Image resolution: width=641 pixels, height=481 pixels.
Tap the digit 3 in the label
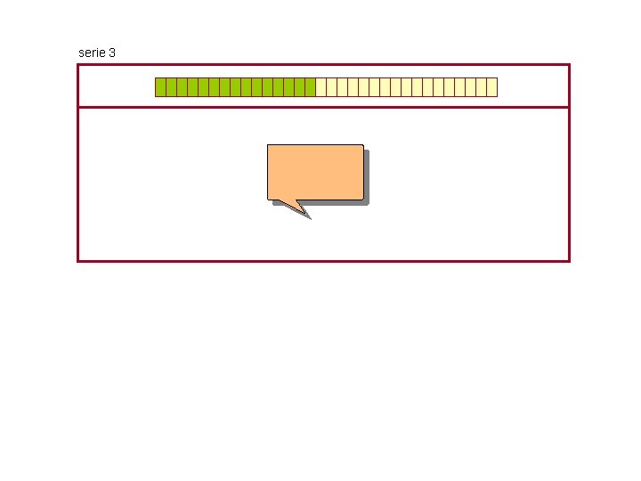111,53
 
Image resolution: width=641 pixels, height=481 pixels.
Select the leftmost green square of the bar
160,87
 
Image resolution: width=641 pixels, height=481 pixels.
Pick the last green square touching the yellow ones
311,87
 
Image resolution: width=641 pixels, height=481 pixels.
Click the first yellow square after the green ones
321,87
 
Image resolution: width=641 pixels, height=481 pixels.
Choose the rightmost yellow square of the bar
492,87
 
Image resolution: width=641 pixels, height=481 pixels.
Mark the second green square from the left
171,87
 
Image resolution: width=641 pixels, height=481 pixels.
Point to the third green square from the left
182,87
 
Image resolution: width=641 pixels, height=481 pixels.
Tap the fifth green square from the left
203,87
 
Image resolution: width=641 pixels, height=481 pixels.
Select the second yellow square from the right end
482,87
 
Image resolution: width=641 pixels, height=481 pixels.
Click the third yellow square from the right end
471,87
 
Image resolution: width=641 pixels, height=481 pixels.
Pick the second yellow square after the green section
332,87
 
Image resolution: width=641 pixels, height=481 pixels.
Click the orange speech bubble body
315,171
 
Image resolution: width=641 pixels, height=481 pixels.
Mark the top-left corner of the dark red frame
78,65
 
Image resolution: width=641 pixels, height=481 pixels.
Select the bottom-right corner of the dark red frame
568,260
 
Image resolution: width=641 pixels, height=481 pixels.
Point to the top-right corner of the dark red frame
568,65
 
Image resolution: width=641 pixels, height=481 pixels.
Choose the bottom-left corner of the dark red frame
78,260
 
